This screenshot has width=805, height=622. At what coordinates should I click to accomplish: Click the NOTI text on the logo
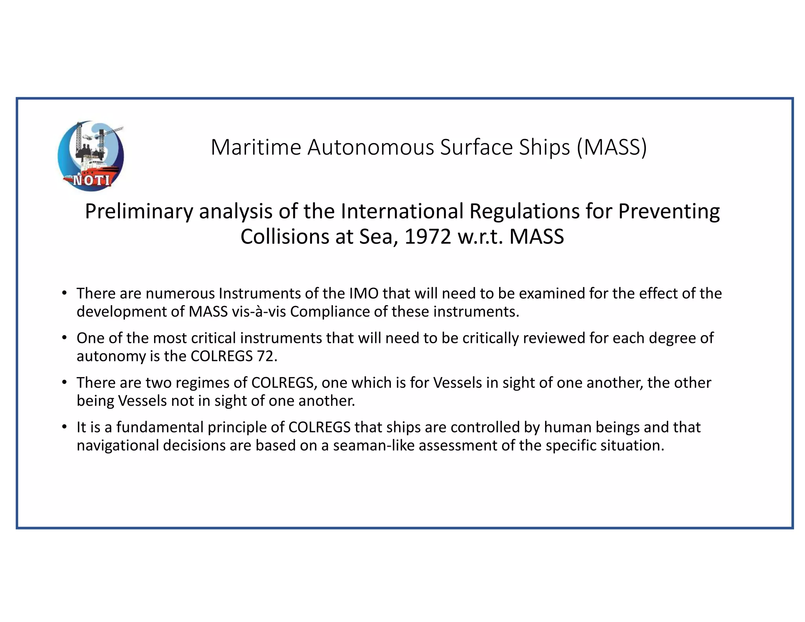tap(92, 180)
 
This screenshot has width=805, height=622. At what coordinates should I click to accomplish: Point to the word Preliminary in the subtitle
tap(139, 212)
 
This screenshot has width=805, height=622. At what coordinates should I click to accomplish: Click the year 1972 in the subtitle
tap(428, 237)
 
